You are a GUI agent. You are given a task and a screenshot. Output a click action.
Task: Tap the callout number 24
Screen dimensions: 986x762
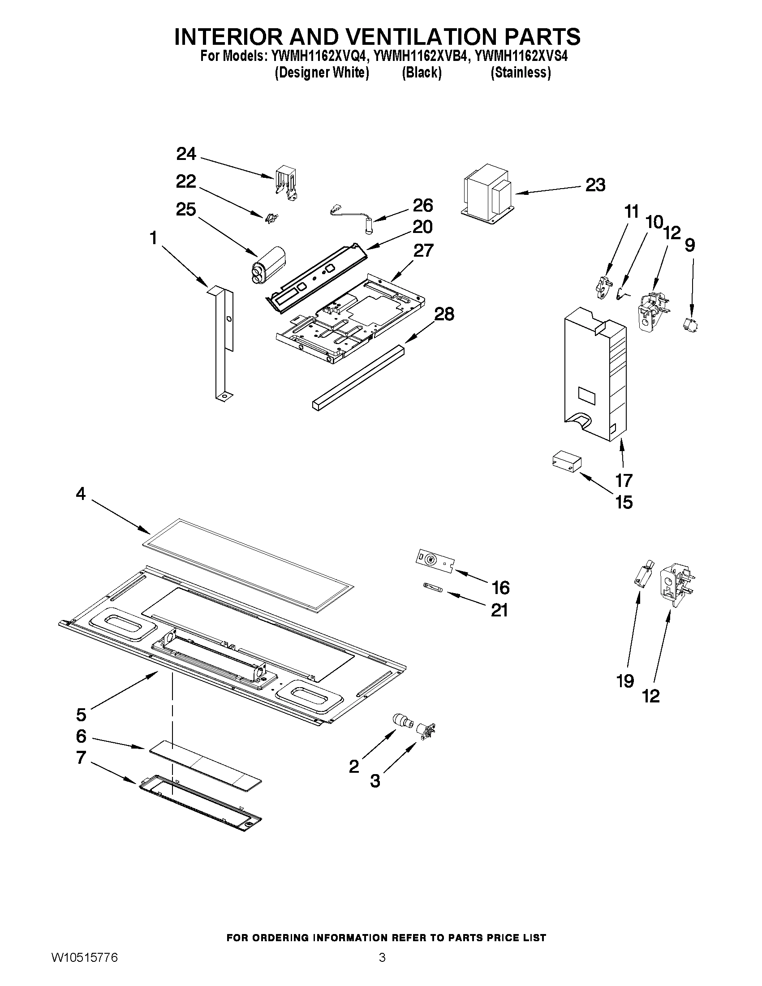coord(186,154)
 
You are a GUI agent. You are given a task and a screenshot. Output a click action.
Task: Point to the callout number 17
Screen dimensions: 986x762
coord(624,480)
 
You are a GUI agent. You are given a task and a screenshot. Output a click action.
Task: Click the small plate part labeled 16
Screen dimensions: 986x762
coord(434,562)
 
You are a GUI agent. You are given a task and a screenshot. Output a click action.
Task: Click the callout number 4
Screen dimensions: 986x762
coord(80,494)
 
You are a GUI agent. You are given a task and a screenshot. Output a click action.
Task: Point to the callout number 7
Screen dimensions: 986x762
coord(81,758)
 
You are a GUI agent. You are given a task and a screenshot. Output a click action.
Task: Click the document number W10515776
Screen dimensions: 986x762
coord(84,968)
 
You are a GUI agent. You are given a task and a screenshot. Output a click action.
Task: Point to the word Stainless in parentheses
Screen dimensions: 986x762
coord(521,73)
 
